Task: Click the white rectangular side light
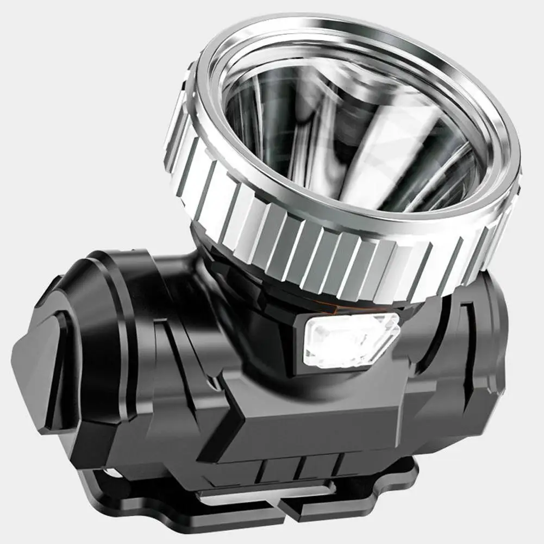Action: [x=351, y=340]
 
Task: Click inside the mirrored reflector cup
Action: [x=348, y=136]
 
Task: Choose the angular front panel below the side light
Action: [x=304, y=418]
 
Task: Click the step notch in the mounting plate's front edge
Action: [x=283, y=511]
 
